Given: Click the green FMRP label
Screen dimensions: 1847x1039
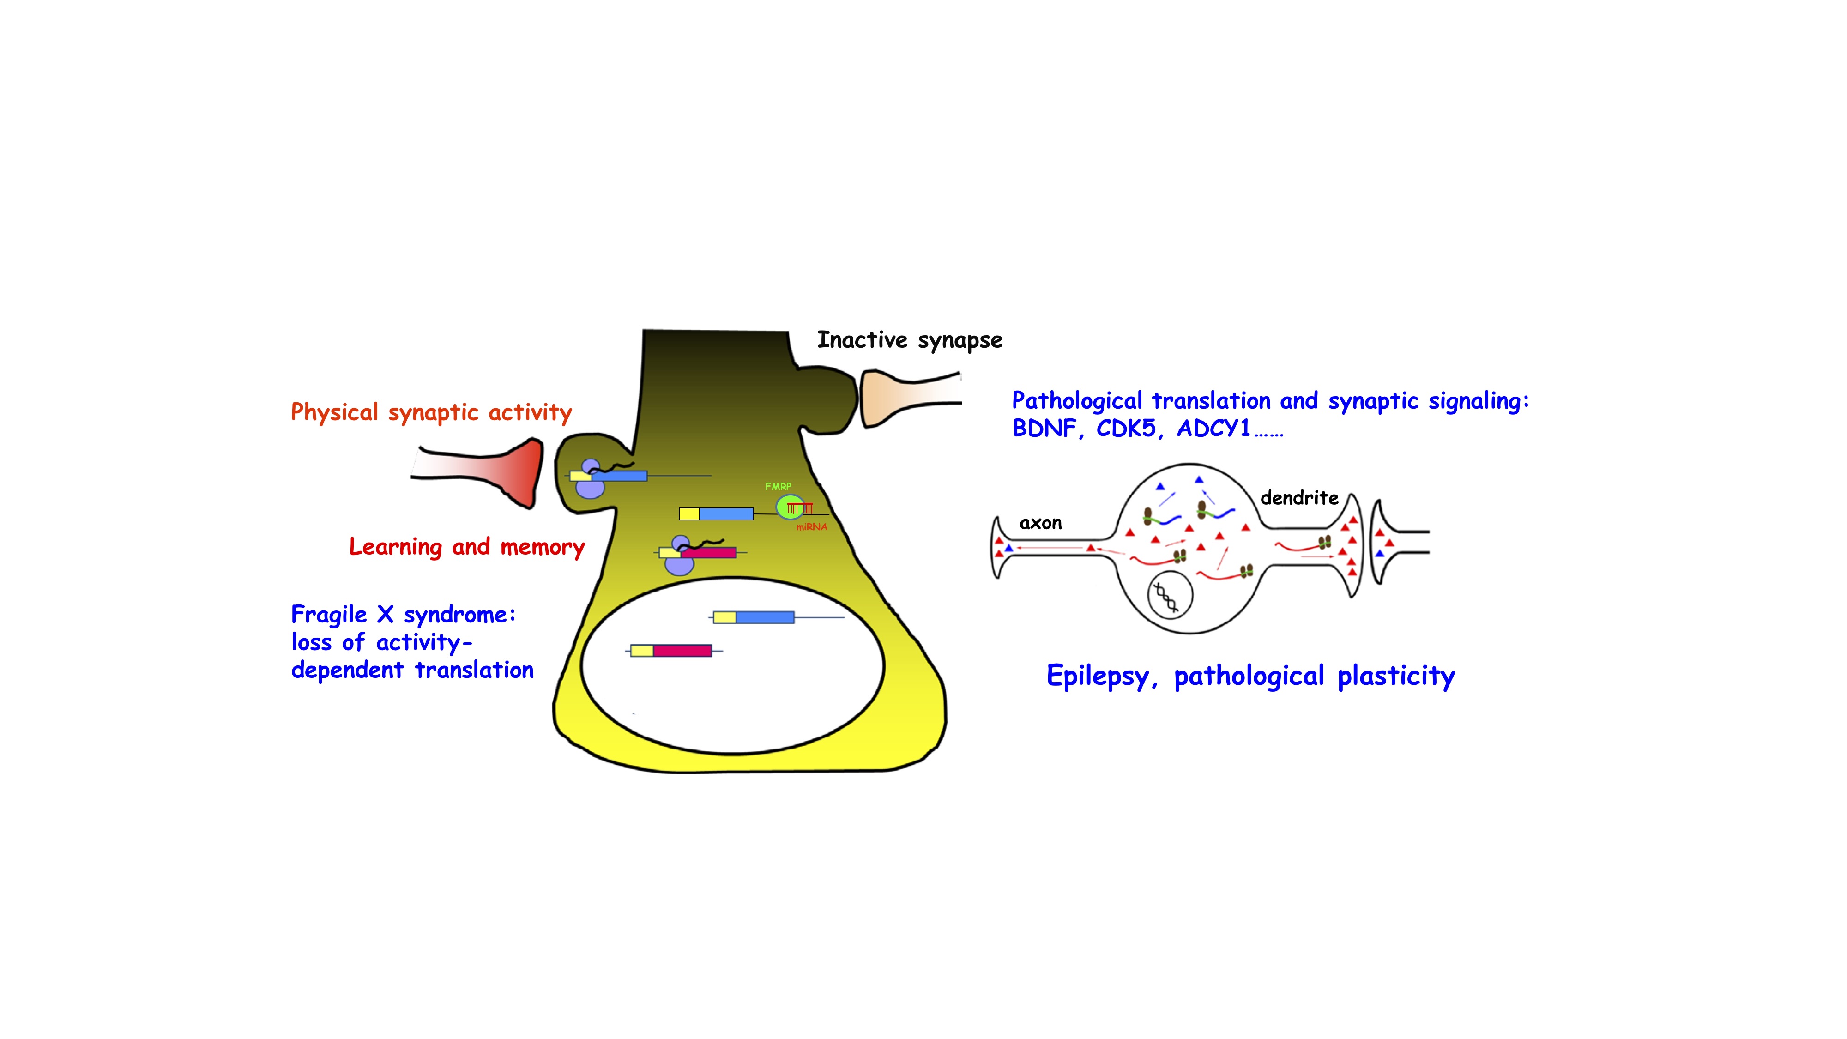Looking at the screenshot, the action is pyautogui.click(x=778, y=486).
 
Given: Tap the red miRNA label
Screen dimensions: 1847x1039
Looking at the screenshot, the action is pyautogui.click(x=812, y=527).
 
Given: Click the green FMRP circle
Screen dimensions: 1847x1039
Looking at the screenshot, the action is pyautogui.click(x=790, y=507).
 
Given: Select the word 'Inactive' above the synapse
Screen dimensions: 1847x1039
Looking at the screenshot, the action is pyautogui.click(x=862, y=340).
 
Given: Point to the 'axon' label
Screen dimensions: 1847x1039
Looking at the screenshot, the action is pyautogui.click(x=1040, y=523).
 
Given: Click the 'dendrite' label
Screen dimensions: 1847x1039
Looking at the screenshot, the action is pyautogui.click(x=1299, y=498).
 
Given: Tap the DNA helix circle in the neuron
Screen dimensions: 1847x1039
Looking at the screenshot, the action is pyautogui.click(x=1170, y=595).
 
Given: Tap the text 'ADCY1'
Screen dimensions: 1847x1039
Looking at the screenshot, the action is pyautogui.click(x=1214, y=428).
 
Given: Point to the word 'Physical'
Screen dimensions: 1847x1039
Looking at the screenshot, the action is pyautogui.click(x=335, y=412).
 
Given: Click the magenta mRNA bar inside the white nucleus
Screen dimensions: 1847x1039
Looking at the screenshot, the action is pyautogui.click(x=682, y=650).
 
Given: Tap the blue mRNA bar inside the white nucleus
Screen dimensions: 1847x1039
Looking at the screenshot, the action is pyautogui.click(x=765, y=616).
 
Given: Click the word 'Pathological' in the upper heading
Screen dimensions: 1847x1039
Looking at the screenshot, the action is pyautogui.click(x=1077, y=401).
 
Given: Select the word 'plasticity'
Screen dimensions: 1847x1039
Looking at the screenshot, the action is pyautogui.click(x=1396, y=676).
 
